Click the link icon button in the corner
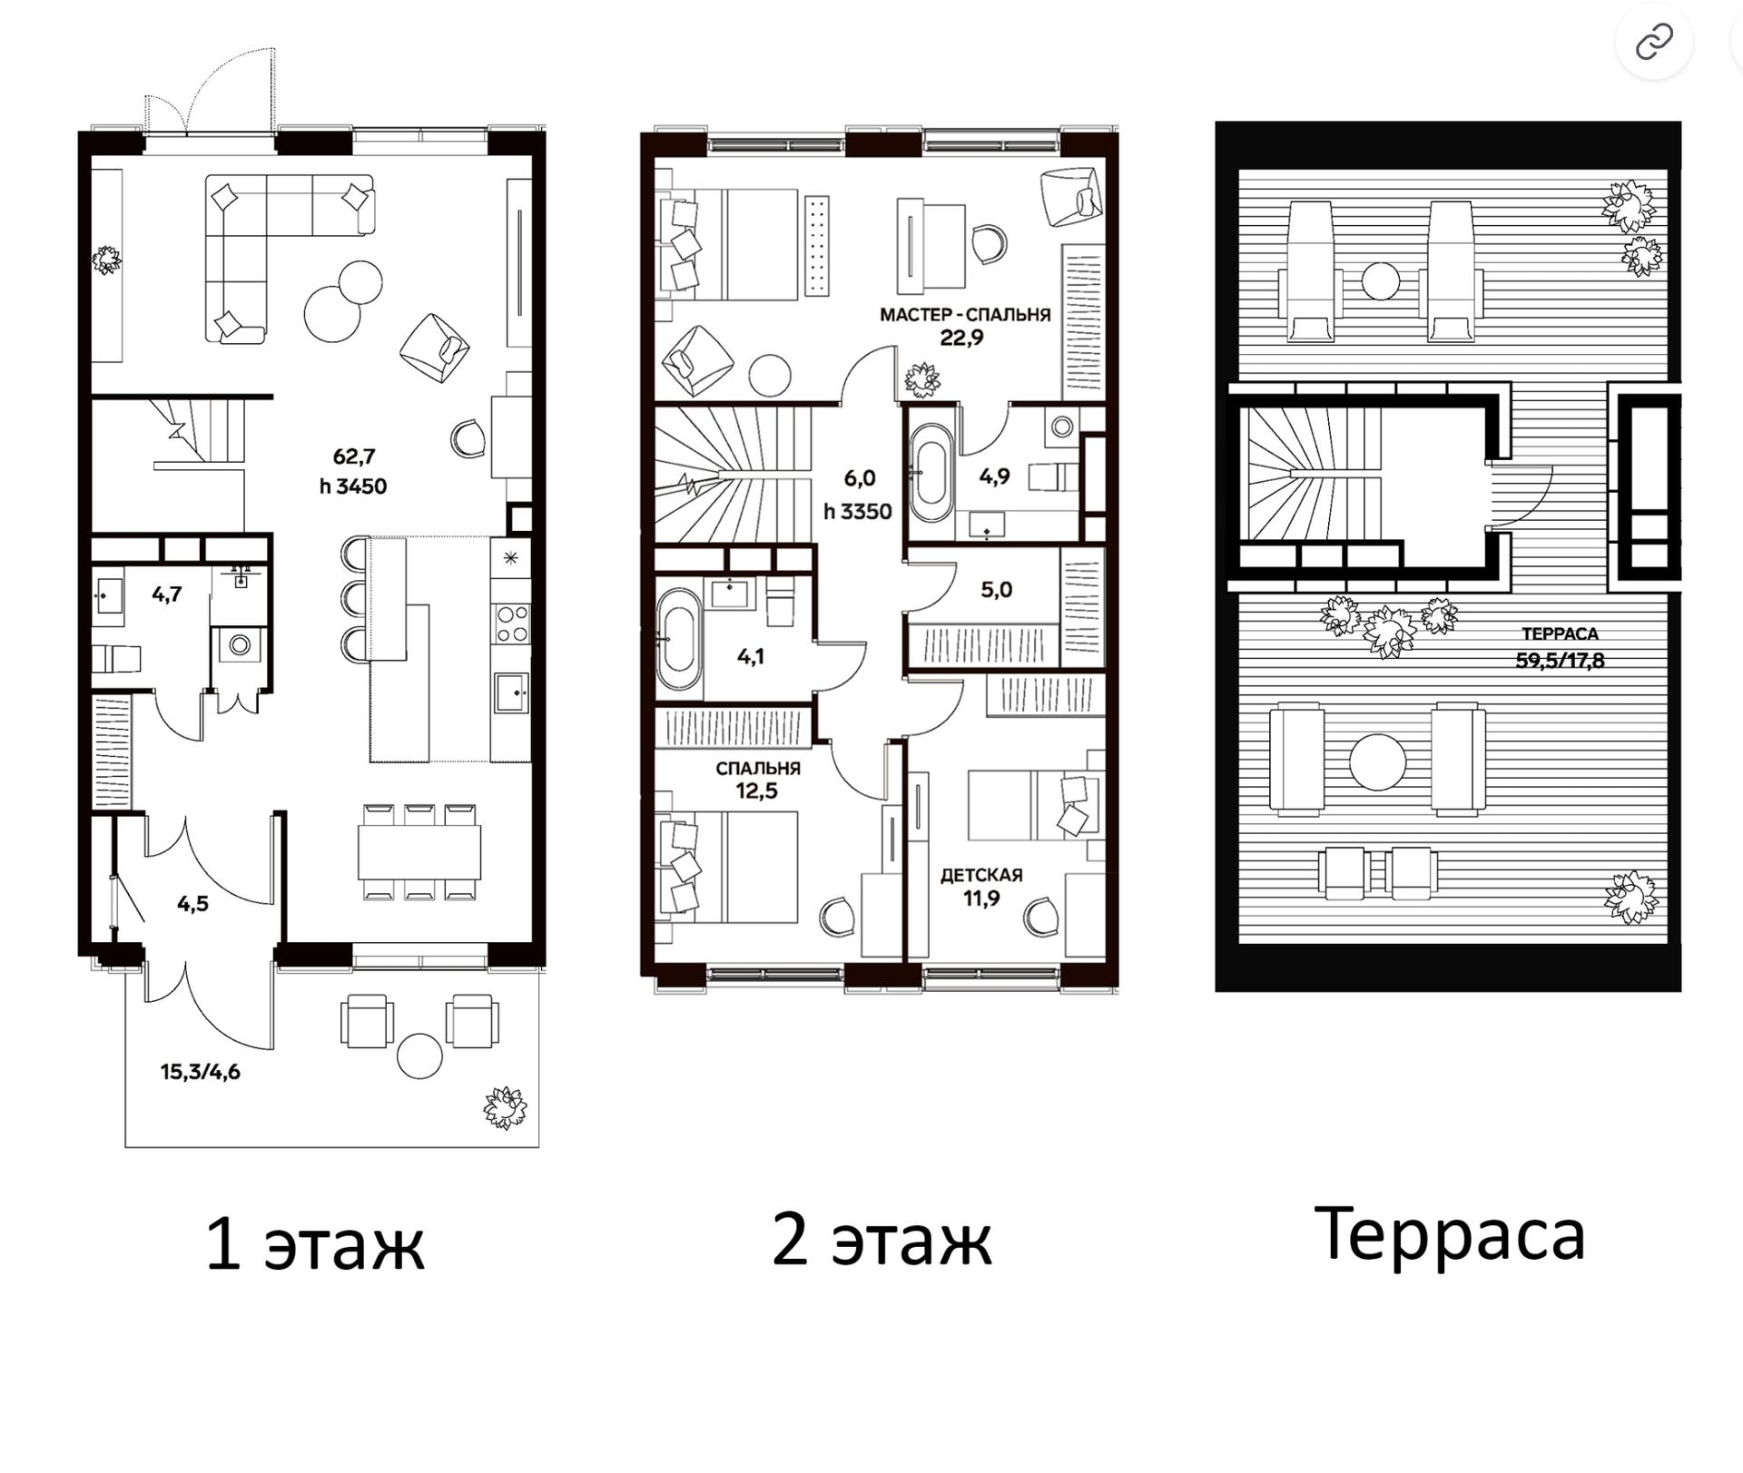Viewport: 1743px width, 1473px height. tap(1654, 42)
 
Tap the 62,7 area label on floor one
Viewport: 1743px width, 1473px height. tap(354, 457)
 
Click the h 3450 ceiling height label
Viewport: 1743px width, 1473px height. tap(353, 486)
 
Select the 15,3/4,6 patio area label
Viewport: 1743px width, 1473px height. tap(201, 1072)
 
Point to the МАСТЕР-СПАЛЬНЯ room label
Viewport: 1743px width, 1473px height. tap(964, 315)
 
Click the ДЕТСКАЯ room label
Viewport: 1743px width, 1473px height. tap(981, 875)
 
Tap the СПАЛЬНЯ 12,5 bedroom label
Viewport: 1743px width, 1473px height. tap(757, 780)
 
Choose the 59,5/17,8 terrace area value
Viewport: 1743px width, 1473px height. tap(1560, 661)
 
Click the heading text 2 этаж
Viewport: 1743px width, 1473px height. tap(881, 1240)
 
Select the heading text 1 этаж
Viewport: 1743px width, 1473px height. tap(315, 1244)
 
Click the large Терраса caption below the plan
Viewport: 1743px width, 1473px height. tap(1449, 1234)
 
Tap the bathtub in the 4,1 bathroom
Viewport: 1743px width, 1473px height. tap(678, 639)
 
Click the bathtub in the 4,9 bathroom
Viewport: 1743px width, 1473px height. tap(931, 472)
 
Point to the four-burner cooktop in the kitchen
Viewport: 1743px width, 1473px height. tap(511, 624)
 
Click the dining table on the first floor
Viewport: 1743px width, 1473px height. tap(419, 851)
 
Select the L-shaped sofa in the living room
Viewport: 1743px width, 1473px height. tap(272, 236)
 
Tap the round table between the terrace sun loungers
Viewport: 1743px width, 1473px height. tap(1380, 280)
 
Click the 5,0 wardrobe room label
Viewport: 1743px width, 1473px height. tap(996, 590)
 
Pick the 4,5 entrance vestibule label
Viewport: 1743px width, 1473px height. tap(192, 903)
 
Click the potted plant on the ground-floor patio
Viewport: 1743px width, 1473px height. tap(505, 1107)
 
